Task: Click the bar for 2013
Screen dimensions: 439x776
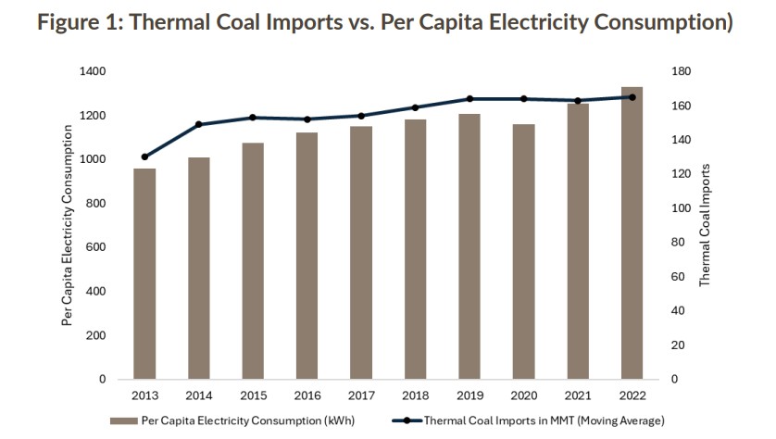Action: coord(144,273)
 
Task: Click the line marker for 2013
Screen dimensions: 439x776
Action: coord(144,157)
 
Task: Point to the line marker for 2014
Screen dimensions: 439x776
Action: coord(198,124)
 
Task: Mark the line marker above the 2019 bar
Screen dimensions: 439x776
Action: coord(469,99)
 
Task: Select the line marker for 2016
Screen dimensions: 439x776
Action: coord(307,119)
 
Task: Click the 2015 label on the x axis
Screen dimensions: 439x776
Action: coord(253,396)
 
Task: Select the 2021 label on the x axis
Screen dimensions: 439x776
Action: coord(578,396)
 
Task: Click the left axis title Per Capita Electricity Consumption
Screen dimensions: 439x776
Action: coord(67,226)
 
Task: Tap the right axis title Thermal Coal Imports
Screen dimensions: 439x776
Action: coord(705,224)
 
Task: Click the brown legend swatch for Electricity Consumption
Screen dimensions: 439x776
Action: coord(124,420)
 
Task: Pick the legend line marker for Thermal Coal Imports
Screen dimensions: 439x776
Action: coord(404,420)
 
